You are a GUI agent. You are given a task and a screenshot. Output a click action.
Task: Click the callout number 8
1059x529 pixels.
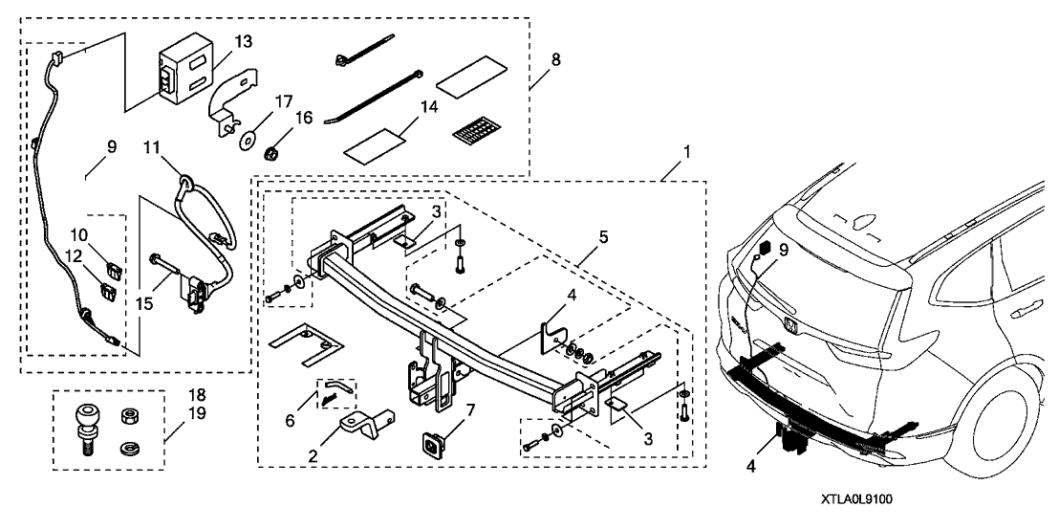(555, 58)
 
